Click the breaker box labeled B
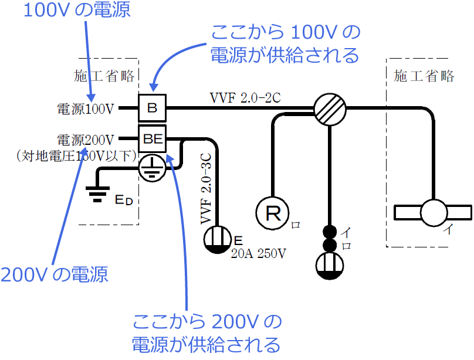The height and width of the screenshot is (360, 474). tap(152, 108)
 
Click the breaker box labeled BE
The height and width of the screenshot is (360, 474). tap(152, 139)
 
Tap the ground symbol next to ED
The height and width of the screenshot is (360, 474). tap(97, 193)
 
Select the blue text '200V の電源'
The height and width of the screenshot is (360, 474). tap(55, 274)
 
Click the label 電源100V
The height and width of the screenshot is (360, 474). tap(87, 108)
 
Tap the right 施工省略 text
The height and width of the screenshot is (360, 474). tap(424, 76)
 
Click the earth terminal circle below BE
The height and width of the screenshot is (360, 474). tap(153, 168)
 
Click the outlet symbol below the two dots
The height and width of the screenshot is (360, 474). tap(330, 266)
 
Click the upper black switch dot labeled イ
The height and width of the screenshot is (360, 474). tap(330, 230)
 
